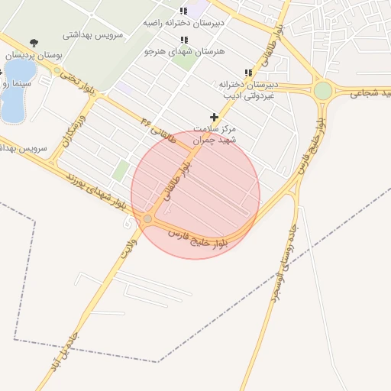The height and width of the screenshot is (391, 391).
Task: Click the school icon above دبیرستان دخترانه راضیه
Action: (x=183, y=11)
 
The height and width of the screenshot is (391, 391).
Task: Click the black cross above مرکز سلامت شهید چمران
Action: (x=214, y=117)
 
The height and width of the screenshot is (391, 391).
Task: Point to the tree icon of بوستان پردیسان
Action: (x=33, y=42)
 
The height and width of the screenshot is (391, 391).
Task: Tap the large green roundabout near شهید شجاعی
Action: (x=323, y=91)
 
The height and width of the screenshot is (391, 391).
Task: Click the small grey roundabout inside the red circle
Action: (x=147, y=219)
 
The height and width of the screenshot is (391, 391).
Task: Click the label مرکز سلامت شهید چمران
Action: (x=214, y=135)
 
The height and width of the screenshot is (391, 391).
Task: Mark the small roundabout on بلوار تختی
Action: (x=57, y=71)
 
